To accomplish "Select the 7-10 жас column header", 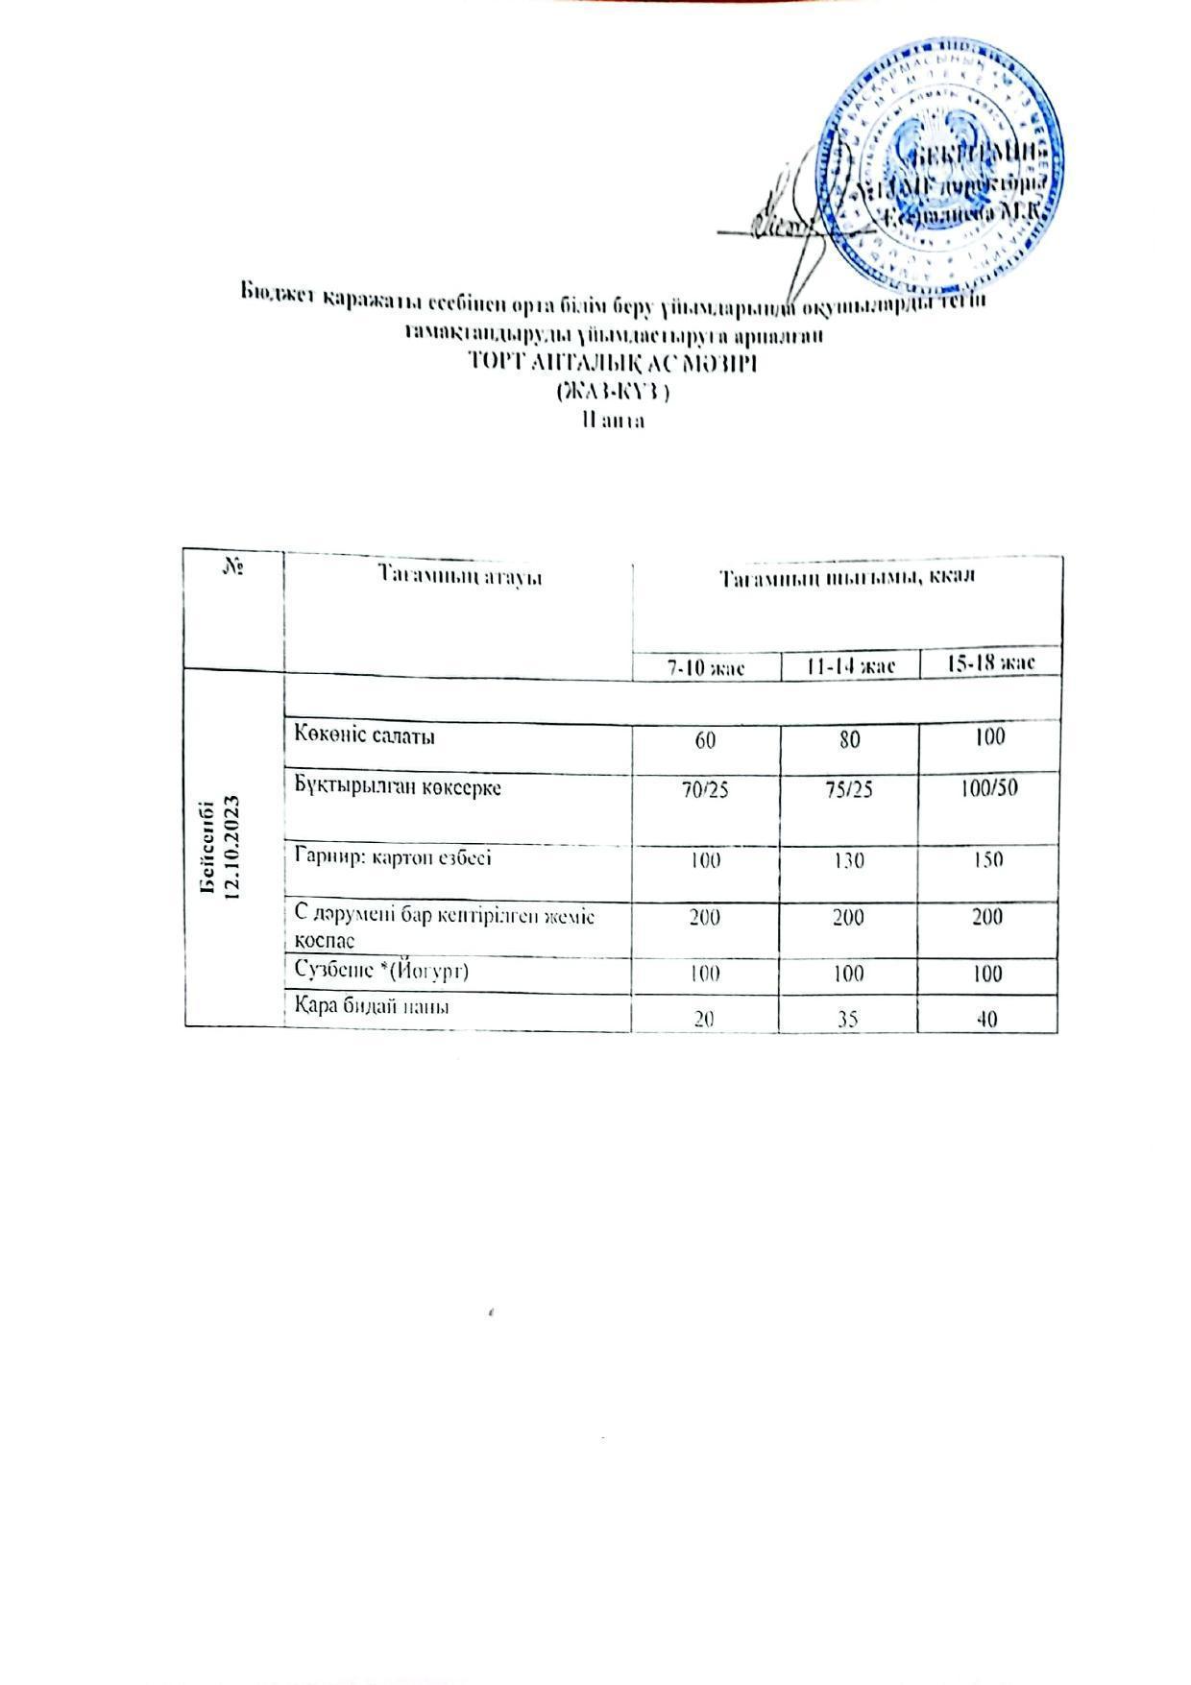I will click(707, 664).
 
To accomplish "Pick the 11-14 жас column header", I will click(850, 664).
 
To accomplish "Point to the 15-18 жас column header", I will click(989, 662).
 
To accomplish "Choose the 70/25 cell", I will click(706, 791).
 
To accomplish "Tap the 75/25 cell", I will click(849, 790).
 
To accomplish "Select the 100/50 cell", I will click(988, 788).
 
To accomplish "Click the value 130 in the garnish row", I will click(849, 860).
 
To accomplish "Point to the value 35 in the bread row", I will click(847, 1018).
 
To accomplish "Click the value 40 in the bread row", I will click(986, 1018).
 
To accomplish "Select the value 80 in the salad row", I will click(849, 738).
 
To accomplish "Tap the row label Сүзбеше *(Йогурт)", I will click(381, 971).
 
